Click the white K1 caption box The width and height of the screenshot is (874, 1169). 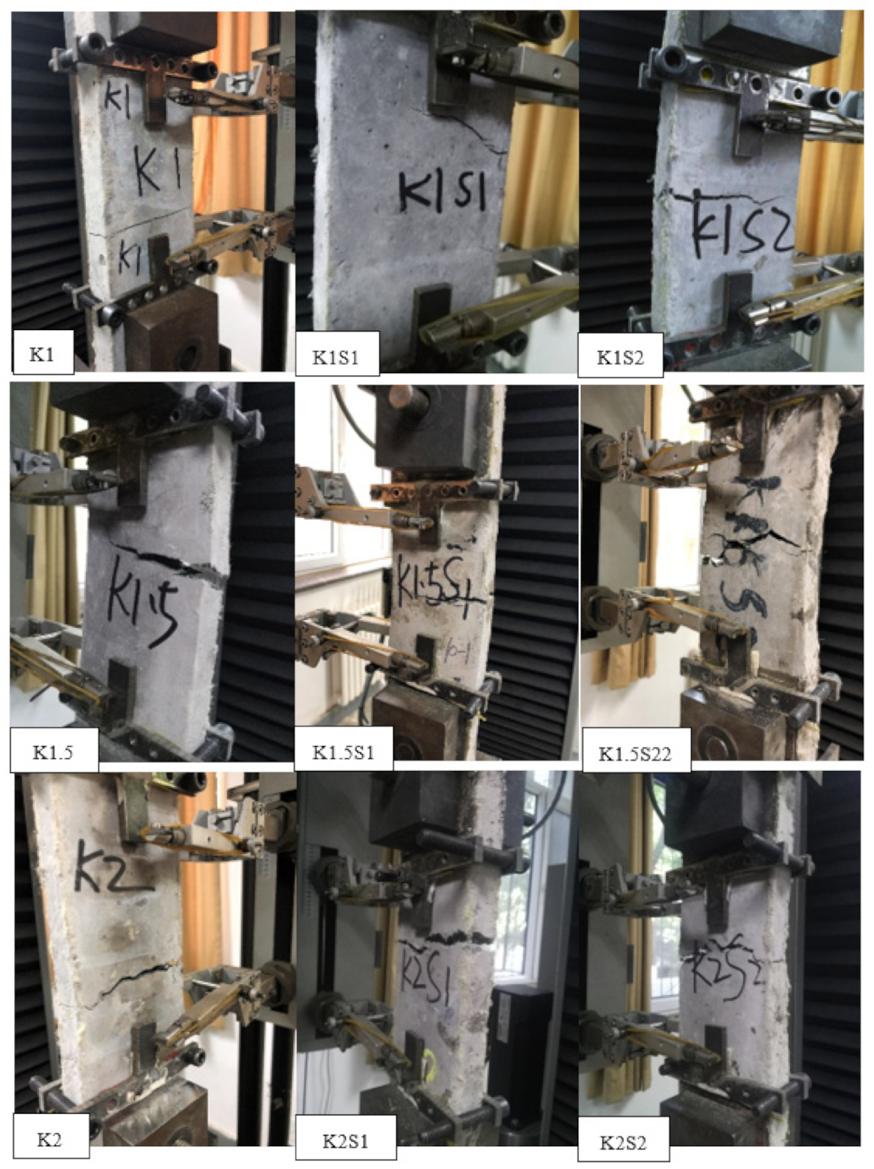point(42,354)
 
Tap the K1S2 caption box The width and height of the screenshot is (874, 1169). point(620,356)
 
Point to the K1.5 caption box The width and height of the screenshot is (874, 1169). point(53,750)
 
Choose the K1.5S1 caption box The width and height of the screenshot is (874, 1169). point(343,751)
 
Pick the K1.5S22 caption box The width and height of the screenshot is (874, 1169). point(635,753)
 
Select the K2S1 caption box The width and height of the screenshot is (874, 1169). point(346,1141)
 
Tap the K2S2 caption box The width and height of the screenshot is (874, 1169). point(623,1142)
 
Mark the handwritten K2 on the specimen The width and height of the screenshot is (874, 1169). point(111,868)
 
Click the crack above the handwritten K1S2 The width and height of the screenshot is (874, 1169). point(719,197)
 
